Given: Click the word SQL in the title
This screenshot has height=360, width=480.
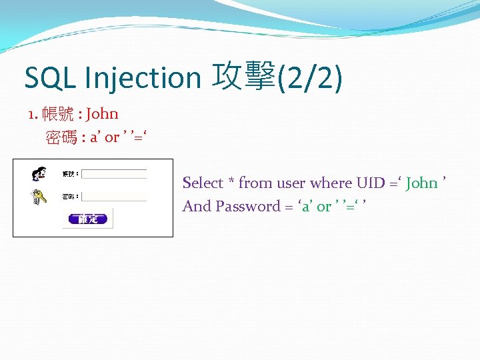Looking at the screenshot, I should pyautogui.click(x=51, y=78).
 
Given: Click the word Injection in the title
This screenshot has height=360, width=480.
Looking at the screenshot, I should pyautogui.click(x=142, y=78).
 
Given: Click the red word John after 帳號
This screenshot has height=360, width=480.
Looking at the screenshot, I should pyautogui.click(x=102, y=113).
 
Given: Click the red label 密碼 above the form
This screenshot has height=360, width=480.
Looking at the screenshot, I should pyautogui.click(x=61, y=137).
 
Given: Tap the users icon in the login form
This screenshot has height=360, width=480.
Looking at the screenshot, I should pyautogui.click(x=39, y=174).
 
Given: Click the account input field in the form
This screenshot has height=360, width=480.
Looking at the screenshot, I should pyautogui.click(x=114, y=174).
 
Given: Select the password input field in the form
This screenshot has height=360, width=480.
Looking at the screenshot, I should pyautogui.click(x=114, y=197).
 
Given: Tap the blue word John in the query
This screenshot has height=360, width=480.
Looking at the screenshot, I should pyautogui.click(x=421, y=183).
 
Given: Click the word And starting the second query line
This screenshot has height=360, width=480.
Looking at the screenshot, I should pyautogui.click(x=197, y=206).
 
